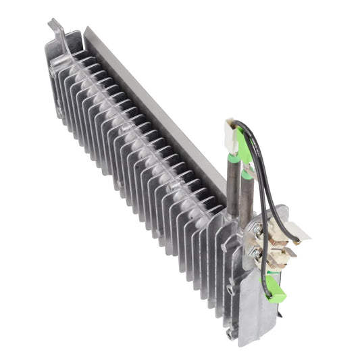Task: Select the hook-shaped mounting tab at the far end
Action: (56, 30)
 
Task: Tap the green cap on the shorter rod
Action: (247, 174)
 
